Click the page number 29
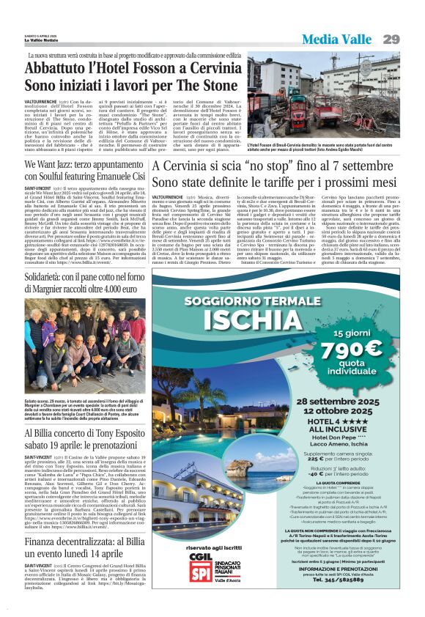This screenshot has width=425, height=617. (411, 39)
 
